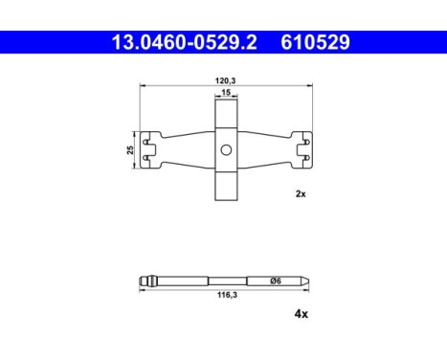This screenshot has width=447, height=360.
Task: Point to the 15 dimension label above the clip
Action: click(226, 93)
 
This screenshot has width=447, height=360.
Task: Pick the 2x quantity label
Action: click(300, 192)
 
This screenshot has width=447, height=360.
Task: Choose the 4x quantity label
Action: click(300, 313)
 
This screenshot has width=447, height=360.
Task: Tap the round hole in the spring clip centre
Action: click(226, 149)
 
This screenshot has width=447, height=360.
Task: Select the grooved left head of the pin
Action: click(147, 281)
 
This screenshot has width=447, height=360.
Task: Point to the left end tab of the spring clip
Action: click(148, 149)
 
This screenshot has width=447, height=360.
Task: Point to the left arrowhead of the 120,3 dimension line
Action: click(144, 86)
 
